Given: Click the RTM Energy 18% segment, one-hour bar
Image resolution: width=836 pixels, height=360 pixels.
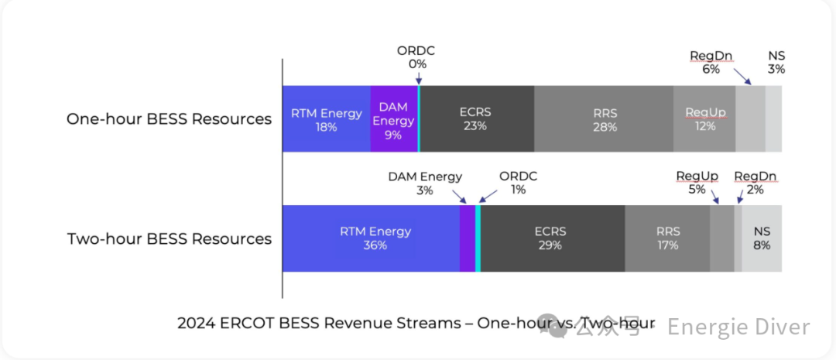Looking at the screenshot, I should click(326, 119).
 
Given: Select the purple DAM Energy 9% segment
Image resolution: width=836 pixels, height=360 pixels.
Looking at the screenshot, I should click(393, 119).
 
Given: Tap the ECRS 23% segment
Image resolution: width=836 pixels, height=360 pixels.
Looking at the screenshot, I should click(475, 119).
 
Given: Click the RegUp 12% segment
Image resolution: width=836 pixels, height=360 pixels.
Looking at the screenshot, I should click(704, 119).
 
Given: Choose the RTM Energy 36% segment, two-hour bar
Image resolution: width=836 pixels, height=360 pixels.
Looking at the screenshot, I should click(371, 238).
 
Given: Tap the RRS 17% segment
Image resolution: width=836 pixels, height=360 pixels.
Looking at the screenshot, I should click(667, 238).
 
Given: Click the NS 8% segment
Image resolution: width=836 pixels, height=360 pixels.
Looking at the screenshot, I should click(762, 238).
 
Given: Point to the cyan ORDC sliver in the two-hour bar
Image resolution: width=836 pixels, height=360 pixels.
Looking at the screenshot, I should click(478, 238).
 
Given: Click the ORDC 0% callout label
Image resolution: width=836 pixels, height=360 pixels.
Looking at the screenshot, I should click(416, 57).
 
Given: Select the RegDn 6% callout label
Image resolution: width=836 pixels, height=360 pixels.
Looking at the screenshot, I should click(711, 62).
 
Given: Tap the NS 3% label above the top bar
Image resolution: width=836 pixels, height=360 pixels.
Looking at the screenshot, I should click(776, 62).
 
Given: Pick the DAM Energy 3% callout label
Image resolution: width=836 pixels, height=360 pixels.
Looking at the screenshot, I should click(424, 183).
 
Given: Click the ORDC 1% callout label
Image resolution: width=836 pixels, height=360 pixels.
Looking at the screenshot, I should click(517, 183).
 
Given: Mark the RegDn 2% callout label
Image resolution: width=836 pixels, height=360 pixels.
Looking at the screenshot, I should click(755, 183).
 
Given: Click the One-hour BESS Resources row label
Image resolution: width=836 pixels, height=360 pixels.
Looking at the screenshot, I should click(169, 119).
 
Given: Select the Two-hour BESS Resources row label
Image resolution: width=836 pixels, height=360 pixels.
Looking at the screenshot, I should click(170, 238).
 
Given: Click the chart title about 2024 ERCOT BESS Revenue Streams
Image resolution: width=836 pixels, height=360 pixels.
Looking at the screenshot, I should click(416, 323).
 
